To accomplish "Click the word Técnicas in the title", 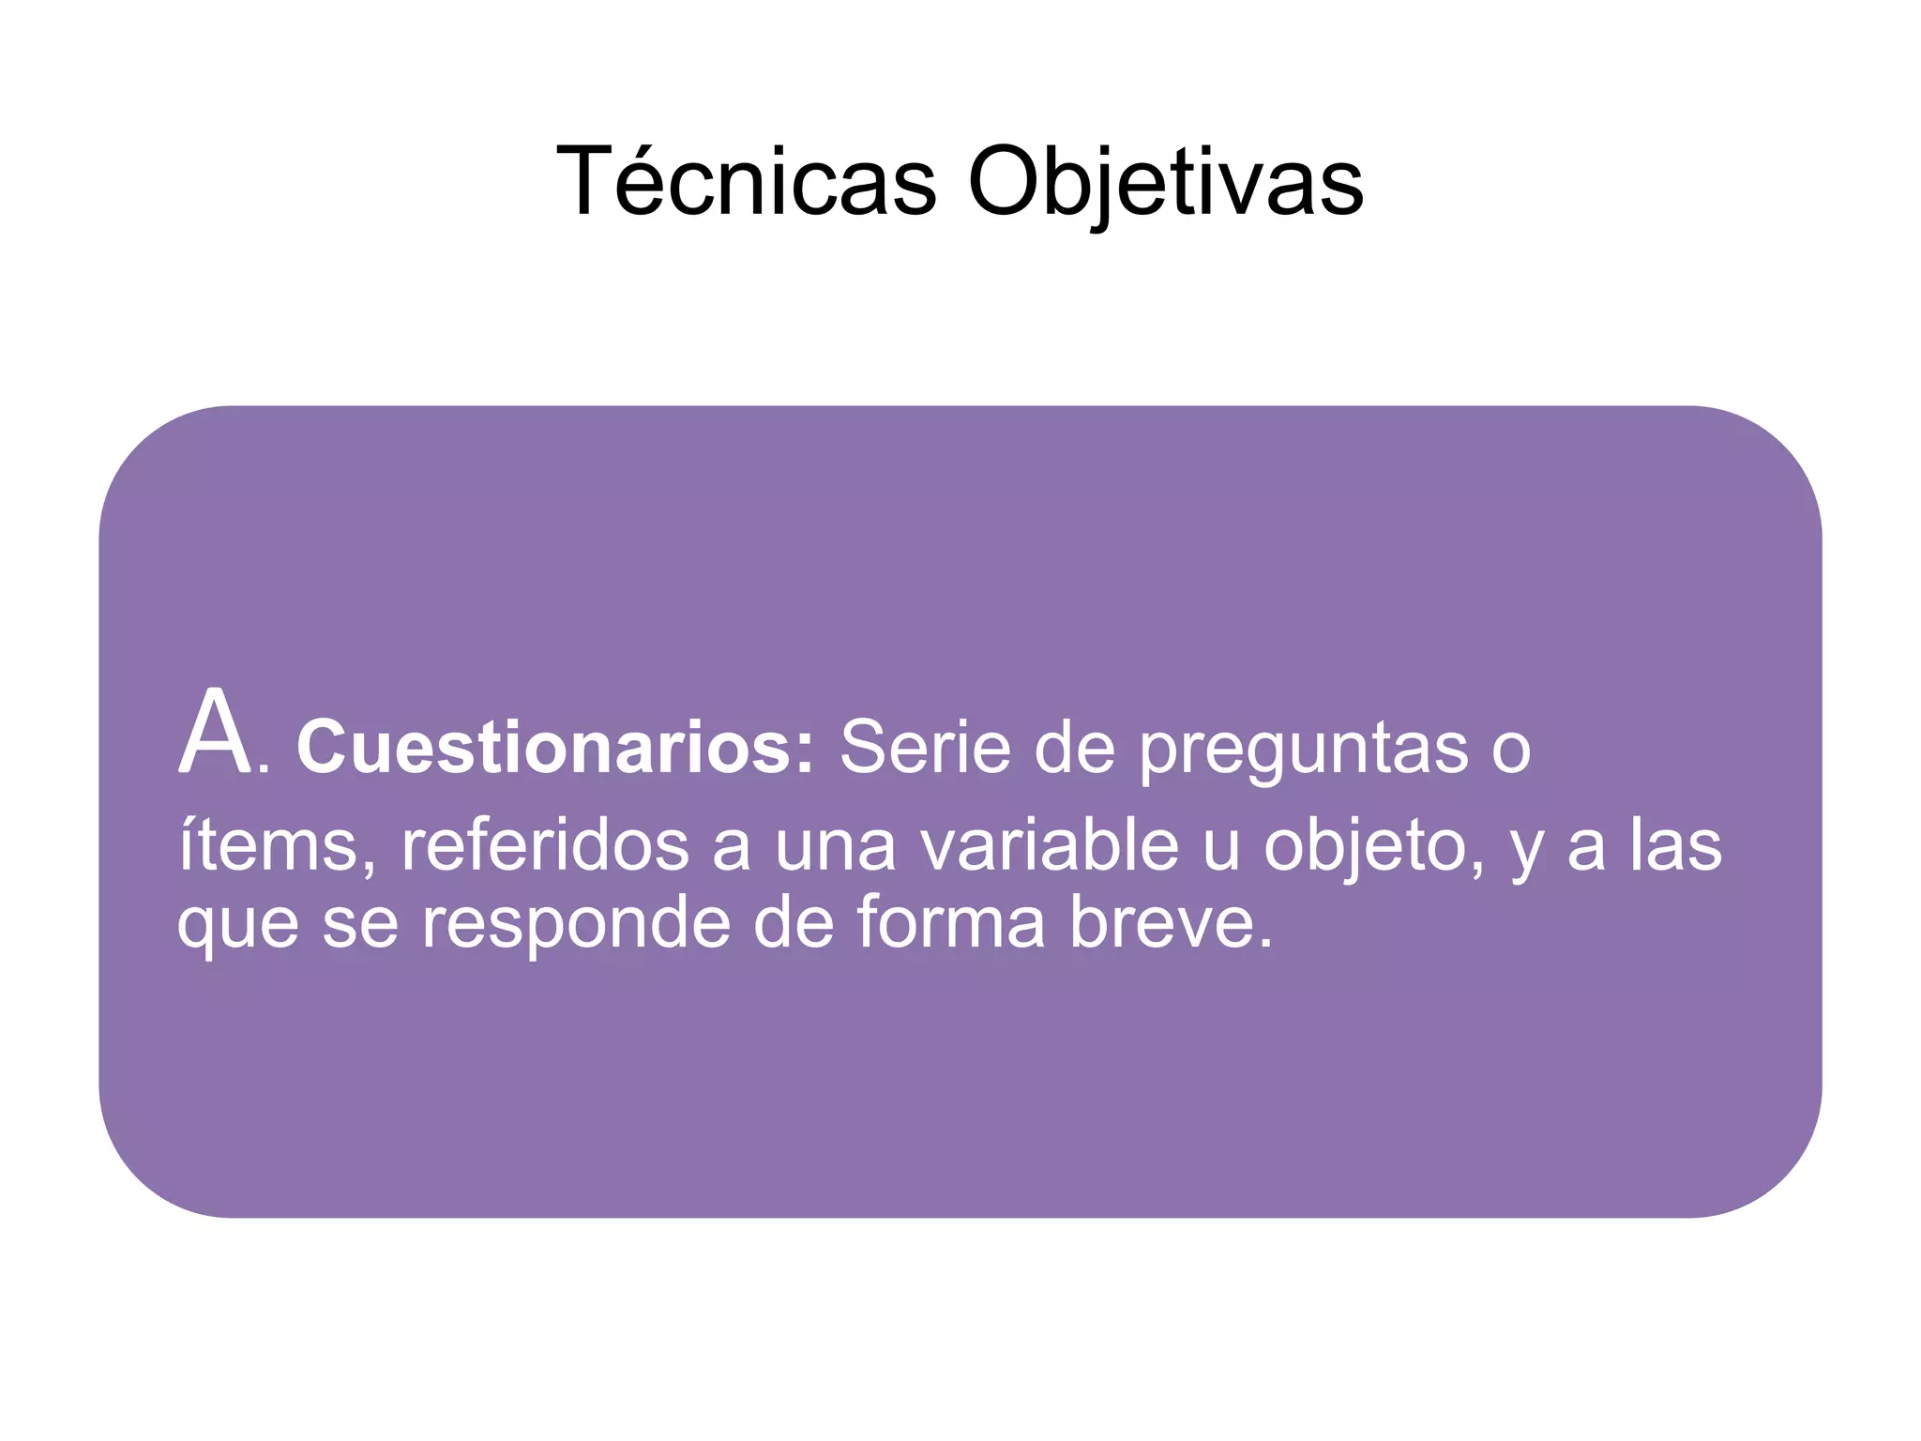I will coord(747,181).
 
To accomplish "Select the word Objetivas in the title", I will coord(1165,181).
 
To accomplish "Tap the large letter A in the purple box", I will coord(215,734).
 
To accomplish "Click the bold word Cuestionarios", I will coord(546,748).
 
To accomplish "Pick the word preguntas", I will coord(1305,748).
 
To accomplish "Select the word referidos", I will coord(545,845).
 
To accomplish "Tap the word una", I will coord(836,845).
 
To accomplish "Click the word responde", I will coord(575,923).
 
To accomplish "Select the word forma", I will coord(950,923).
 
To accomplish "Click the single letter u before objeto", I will coord(1220,845).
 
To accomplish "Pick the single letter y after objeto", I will coord(1527,849).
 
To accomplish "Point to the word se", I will coord(360,923).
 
